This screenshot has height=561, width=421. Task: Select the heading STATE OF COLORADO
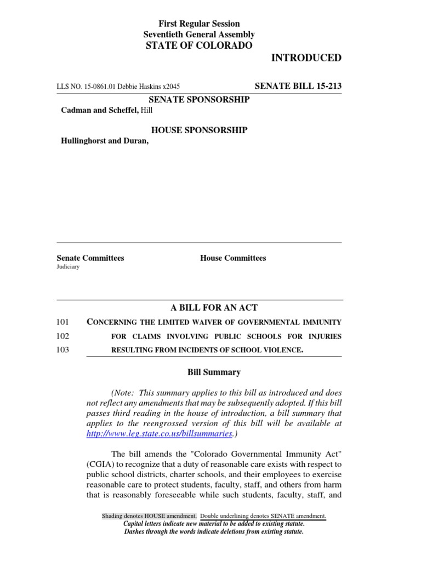(x=199, y=45)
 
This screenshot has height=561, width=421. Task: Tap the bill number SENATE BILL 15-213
(x=299, y=86)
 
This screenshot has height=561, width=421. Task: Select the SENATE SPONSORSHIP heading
(x=199, y=99)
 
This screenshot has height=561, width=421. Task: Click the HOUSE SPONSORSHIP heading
(x=199, y=130)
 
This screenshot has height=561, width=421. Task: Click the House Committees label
(x=233, y=258)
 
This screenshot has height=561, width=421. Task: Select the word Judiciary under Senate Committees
(x=68, y=267)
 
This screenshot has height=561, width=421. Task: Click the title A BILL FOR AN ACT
(x=199, y=308)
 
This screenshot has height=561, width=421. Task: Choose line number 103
(x=63, y=350)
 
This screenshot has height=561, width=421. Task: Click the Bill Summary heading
(x=214, y=373)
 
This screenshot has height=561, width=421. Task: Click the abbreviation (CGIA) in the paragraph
(x=99, y=464)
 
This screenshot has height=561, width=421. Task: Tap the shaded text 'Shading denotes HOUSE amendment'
(x=150, y=516)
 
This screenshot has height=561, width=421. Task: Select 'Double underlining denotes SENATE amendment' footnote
(x=263, y=516)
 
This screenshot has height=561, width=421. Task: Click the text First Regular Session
(x=199, y=24)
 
